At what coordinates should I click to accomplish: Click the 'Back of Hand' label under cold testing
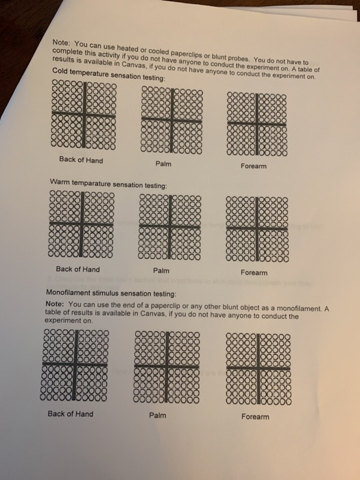click(81, 160)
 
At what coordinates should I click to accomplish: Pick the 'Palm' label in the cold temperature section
click(164, 164)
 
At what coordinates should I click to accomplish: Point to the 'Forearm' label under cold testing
click(254, 166)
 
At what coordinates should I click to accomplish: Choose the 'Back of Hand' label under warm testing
click(77, 269)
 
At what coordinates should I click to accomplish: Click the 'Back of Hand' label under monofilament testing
click(71, 413)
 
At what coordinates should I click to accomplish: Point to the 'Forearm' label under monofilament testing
click(255, 416)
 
